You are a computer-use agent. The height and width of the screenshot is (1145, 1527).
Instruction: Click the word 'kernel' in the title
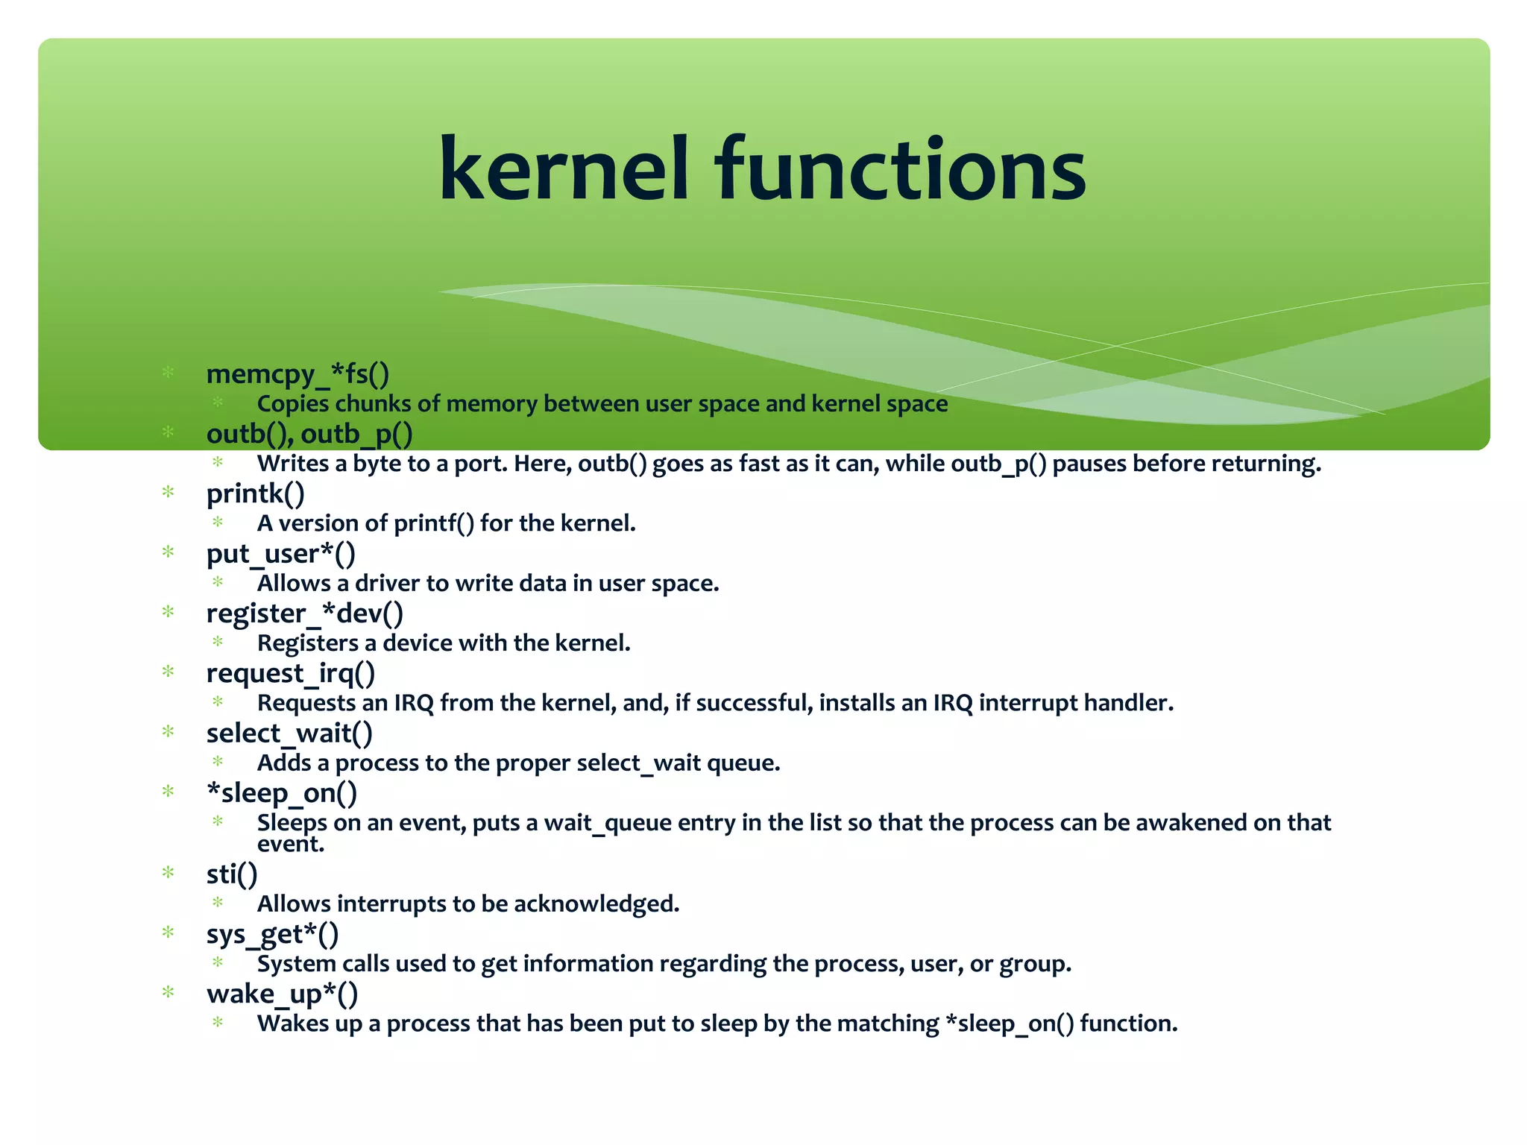[x=564, y=170]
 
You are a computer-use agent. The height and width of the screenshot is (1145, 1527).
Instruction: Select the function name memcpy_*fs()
[x=297, y=374]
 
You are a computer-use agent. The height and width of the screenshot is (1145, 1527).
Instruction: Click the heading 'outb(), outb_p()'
[x=309, y=434]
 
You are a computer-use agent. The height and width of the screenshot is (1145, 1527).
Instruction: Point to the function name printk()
[x=256, y=493]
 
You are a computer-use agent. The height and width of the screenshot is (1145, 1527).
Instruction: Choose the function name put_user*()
[x=281, y=554]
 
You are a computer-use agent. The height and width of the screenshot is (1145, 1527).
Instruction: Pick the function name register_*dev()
[x=305, y=613]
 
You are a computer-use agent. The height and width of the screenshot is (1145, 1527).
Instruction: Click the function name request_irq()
[x=291, y=673]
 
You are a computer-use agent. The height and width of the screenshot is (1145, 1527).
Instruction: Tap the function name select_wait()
[x=289, y=734]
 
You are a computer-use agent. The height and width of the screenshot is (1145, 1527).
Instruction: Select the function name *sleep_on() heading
[x=282, y=793]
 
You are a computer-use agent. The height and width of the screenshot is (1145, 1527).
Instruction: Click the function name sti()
[x=232, y=874]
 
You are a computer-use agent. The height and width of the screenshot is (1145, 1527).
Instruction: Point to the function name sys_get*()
[x=272, y=934]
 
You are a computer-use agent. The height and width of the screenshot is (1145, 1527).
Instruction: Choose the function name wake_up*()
[x=282, y=994]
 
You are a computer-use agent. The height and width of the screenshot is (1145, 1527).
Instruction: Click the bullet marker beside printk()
[x=169, y=492]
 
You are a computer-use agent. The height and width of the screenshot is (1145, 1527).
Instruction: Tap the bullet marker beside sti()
[x=169, y=872]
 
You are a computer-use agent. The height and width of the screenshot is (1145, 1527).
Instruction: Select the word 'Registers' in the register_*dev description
[x=308, y=643]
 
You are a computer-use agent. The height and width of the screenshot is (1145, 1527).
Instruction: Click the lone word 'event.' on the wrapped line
[x=291, y=845]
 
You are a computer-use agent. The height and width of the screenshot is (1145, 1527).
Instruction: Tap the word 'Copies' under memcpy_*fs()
[x=292, y=404]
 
